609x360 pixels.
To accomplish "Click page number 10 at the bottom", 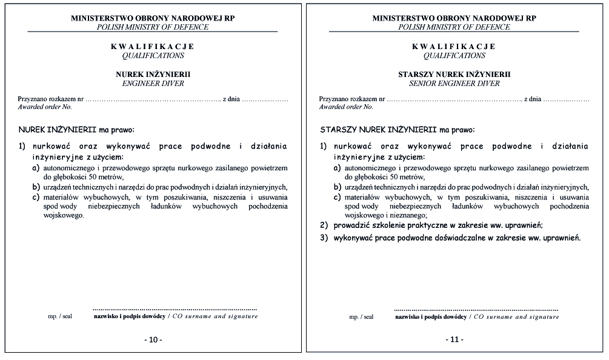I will (153, 340).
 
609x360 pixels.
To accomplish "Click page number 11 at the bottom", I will (454, 340).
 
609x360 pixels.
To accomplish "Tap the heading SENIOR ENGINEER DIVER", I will (454, 83).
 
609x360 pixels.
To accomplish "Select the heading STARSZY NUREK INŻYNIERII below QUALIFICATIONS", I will (454, 74).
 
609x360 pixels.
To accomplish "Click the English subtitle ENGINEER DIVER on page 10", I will (153, 83).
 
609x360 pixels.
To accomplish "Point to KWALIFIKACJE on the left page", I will (153, 46).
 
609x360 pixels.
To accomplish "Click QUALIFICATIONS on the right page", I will (454, 55).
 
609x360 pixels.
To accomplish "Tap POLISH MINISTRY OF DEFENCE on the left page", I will (153, 27).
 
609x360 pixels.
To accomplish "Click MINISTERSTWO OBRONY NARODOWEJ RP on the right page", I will (454, 18).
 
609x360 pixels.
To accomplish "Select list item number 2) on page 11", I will (324, 225).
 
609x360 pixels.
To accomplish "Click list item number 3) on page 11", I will (324, 238).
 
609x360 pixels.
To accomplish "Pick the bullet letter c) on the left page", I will (36, 197).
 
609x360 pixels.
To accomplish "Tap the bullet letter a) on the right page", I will (338, 167).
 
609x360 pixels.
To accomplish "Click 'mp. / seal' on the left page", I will (60, 316).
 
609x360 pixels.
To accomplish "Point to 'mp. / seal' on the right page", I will (361, 316).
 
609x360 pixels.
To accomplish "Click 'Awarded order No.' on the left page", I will (45, 107).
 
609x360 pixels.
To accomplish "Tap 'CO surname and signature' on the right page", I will (516, 316).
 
